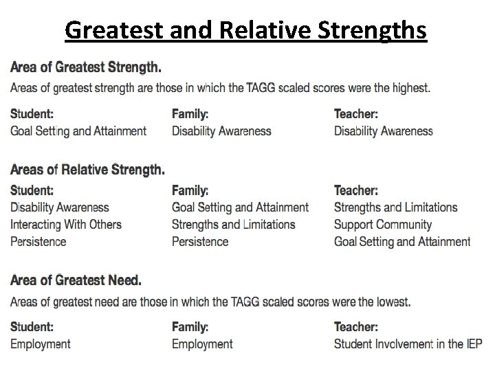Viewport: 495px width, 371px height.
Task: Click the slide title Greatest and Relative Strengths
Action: click(246, 31)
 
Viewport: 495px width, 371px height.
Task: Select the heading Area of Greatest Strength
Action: click(87, 67)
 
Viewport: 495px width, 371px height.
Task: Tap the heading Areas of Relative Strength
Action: click(87, 169)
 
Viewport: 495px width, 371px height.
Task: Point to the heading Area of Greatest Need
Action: click(76, 280)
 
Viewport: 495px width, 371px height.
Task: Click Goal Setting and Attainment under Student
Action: click(78, 131)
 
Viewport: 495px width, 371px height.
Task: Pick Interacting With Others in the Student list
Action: click(66, 224)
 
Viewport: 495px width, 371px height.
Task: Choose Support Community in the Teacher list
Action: click(383, 224)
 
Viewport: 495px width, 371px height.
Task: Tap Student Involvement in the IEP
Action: click(408, 344)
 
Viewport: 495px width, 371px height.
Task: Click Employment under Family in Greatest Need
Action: click(202, 344)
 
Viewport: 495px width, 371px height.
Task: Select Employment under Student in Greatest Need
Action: click(41, 344)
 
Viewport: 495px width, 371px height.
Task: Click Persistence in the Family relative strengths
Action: click(200, 241)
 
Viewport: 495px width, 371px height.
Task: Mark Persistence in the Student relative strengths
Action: click(38, 241)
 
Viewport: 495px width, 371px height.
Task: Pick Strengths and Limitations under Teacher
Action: click(395, 207)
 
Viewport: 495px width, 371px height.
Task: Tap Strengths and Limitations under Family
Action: click(233, 224)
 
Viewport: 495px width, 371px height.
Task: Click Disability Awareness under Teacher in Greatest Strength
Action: click(384, 131)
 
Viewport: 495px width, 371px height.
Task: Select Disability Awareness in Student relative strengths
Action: click(60, 207)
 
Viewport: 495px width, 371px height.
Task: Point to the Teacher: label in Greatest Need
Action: click(355, 326)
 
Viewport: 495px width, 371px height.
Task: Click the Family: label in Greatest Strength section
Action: click(190, 113)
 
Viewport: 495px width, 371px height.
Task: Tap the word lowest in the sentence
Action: click(392, 302)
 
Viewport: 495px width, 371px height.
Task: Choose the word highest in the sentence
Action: click(410, 88)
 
